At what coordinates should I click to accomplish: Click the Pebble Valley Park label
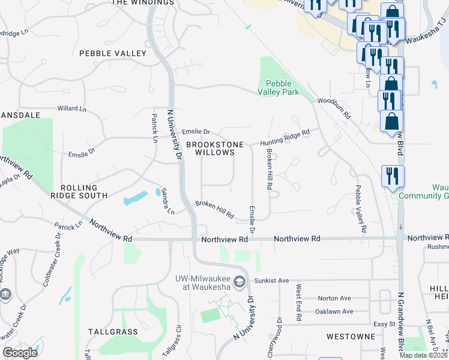(278, 88)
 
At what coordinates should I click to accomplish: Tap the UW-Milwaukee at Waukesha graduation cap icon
(239, 281)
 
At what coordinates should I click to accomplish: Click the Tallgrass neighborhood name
(113, 331)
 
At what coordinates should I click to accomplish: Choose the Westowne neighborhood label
(351, 337)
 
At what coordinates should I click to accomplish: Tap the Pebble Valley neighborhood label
(113, 53)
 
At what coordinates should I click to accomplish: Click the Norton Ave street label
(334, 298)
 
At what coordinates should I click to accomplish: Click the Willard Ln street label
(72, 109)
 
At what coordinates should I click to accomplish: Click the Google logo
(20, 352)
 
